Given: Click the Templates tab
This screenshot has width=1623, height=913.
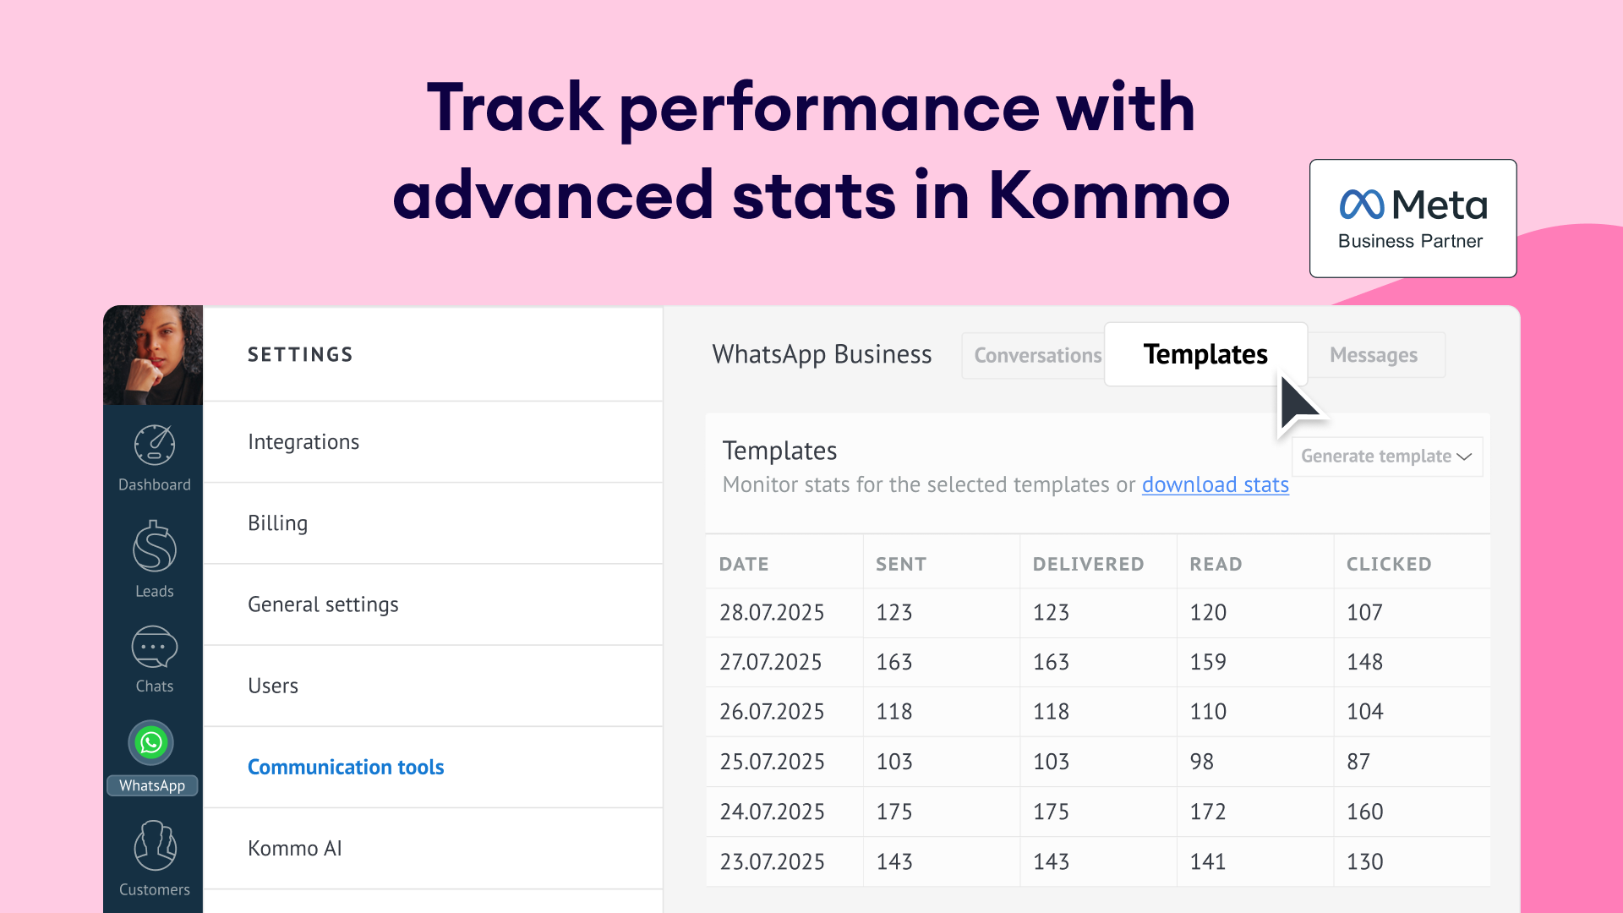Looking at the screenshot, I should click(x=1205, y=354).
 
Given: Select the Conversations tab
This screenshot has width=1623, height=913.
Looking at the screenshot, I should click(x=1037, y=356).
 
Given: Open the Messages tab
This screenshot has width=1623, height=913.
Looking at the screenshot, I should click(x=1374, y=356).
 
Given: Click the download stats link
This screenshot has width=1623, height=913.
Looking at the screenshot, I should click(x=1215, y=485).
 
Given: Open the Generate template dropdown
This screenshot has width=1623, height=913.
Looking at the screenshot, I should click(x=1386, y=456).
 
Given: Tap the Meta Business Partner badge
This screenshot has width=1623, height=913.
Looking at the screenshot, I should click(x=1413, y=218).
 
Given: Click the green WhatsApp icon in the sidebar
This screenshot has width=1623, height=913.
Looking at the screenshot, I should click(x=151, y=743).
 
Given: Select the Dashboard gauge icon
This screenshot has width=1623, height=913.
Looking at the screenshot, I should click(x=155, y=445).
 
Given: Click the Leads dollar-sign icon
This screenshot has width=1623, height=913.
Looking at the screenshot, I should click(x=155, y=547).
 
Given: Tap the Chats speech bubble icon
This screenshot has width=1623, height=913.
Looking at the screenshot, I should click(x=155, y=648).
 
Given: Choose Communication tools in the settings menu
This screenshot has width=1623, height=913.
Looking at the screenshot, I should click(x=346, y=767).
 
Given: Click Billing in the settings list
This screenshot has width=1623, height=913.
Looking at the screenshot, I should click(x=278, y=523).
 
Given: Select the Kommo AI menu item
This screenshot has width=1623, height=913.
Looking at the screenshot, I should click(x=295, y=849).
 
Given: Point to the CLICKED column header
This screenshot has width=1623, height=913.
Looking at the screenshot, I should click(x=1389, y=565).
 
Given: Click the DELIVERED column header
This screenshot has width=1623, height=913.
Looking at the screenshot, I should click(x=1088, y=565).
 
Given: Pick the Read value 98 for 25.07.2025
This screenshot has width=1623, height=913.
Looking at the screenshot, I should click(x=1201, y=762).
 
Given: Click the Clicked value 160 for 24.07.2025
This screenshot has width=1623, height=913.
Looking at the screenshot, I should click(x=1364, y=812).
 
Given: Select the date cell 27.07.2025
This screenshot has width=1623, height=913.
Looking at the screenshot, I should click(x=770, y=662).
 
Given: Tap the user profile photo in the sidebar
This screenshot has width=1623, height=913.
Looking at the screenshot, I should click(x=153, y=355).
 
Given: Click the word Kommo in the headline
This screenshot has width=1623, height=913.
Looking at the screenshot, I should click(x=1108, y=196).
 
